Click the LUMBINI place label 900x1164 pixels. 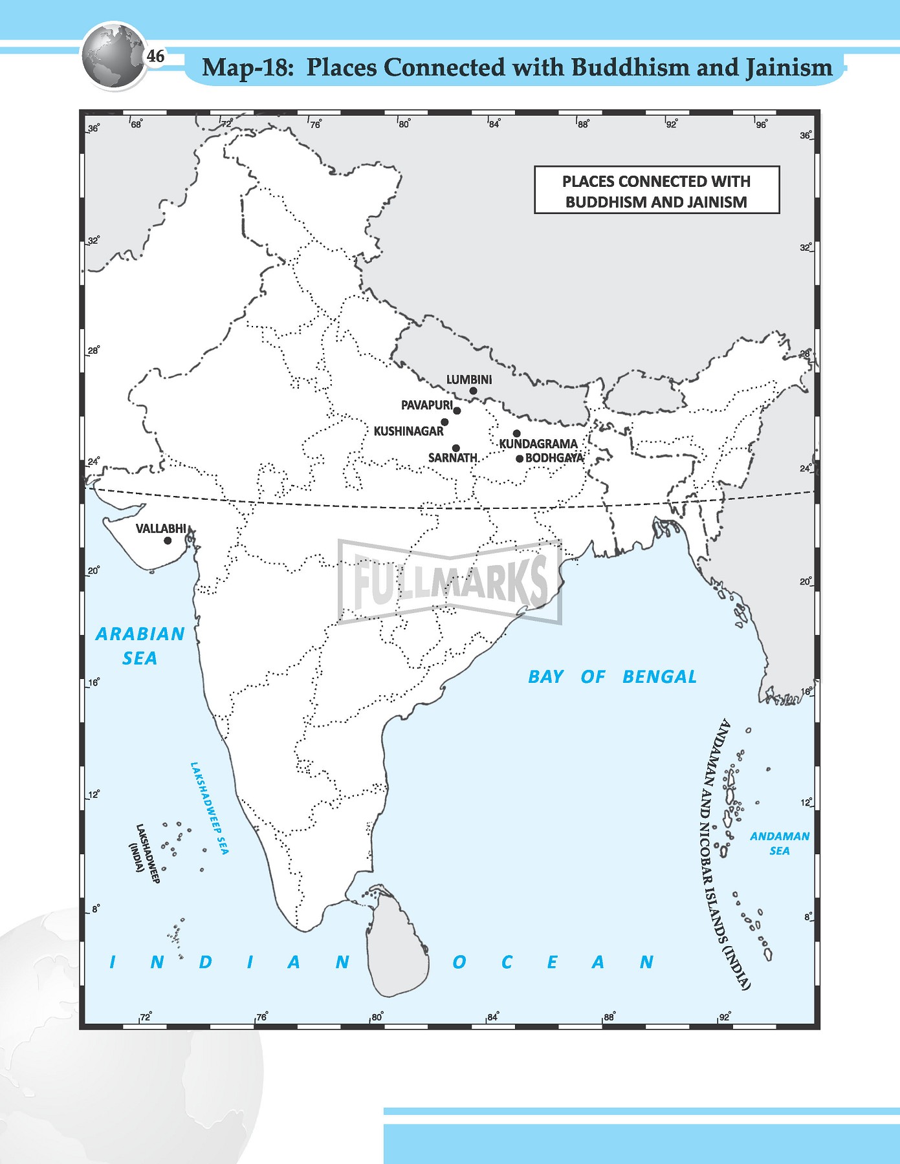[x=468, y=380]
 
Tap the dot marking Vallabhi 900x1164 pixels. [x=168, y=541]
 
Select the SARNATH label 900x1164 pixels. [x=452, y=458]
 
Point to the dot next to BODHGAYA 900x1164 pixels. [x=520, y=459]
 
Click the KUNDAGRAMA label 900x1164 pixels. [x=538, y=444]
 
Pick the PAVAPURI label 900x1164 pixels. [x=426, y=405]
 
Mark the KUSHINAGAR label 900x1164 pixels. [x=408, y=431]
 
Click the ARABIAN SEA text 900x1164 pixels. [x=140, y=645]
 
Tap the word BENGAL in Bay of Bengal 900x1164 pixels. [x=659, y=677]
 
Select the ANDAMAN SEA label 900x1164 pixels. [x=779, y=843]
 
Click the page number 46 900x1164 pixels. [x=155, y=57]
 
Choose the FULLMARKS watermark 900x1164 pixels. [x=449, y=581]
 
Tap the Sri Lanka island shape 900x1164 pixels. [x=396, y=944]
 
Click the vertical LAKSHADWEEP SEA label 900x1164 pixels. [x=209, y=808]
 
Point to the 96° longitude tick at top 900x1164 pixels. [x=760, y=124]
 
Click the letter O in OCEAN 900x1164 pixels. [x=459, y=962]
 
